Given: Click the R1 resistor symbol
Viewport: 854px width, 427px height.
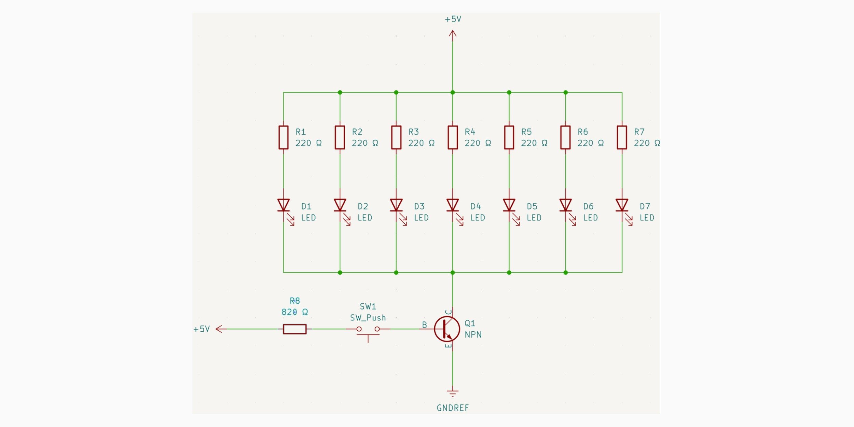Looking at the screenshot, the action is click(283, 137).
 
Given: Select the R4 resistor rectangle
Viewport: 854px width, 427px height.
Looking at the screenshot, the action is click(453, 137).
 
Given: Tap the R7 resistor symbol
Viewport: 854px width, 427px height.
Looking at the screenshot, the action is click(622, 137).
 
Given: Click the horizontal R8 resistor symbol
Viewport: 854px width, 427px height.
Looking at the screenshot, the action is click(294, 329).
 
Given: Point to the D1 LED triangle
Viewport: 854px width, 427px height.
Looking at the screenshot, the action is click(283, 205).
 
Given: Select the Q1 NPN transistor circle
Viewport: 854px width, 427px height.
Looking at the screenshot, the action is click(447, 329).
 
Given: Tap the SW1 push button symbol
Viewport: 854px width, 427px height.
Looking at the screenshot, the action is click(368, 331).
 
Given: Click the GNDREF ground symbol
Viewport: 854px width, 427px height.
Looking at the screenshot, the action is click(453, 393).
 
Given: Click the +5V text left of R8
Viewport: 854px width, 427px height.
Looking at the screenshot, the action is click(202, 329).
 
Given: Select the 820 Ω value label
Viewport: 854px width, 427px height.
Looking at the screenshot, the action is click(295, 312).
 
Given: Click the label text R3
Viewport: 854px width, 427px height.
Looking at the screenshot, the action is click(413, 132).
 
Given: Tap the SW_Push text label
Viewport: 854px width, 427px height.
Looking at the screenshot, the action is click(368, 318).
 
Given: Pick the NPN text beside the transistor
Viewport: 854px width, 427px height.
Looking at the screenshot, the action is click(473, 334).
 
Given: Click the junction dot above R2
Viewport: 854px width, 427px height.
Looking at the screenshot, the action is click(340, 92).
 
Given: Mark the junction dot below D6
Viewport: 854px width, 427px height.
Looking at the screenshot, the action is click(565, 273).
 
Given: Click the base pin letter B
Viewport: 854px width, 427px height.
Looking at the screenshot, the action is click(424, 325).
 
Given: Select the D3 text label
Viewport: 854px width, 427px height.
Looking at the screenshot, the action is click(419, 206).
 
